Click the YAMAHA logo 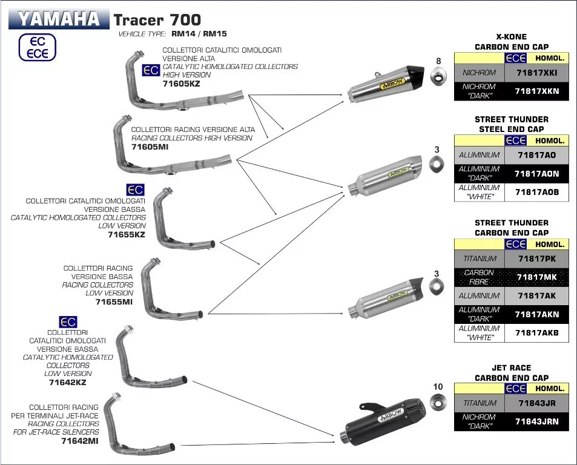click(x=59, y=19)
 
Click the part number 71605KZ click(x=181, y=84)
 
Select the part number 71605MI click(x=150, y=147)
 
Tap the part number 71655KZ click(x=126, y=234)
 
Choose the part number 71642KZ click(x=67, y=382)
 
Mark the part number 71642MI click(x=80, y=441)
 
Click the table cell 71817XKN click(x=536, y=91)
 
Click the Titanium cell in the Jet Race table click(x=479, y=403)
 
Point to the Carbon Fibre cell click(x=479, y=277)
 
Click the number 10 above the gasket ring click(x=438, y=387)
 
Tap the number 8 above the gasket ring click(x=438, y=61)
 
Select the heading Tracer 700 click(x=157, y=19)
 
